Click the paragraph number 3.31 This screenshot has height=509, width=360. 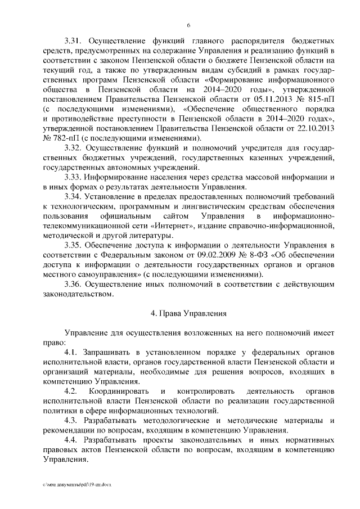(74, 42)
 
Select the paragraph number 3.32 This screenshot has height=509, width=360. (74, 147)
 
